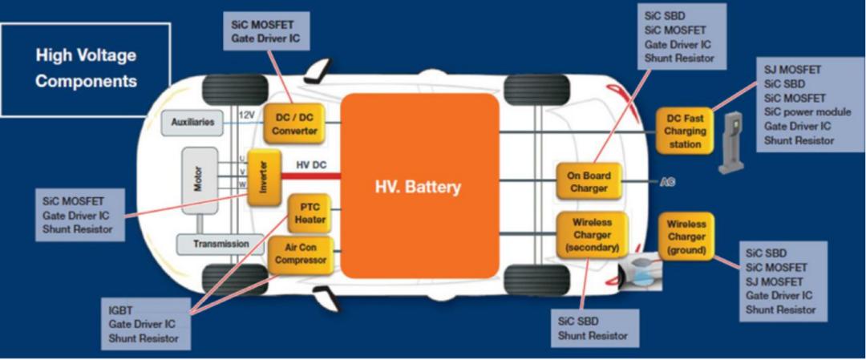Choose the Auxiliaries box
coord(192,123)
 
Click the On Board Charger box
coord(591,181)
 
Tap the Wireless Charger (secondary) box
coord(592,233)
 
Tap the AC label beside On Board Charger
coord(667,182)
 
